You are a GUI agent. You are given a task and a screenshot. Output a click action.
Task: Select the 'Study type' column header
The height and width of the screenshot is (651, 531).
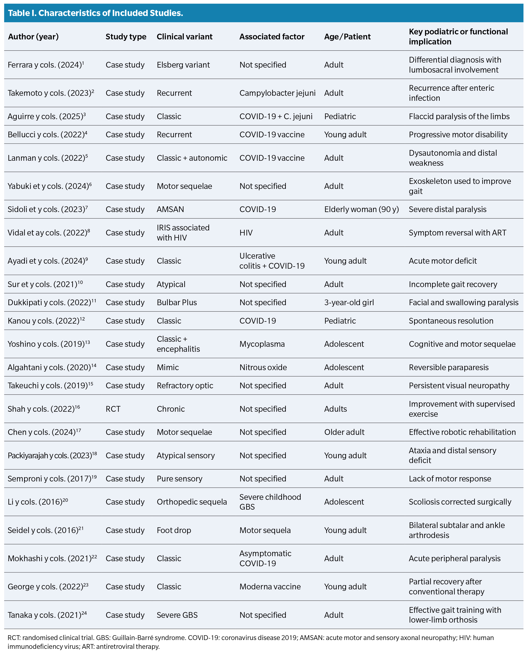(x=126, y=37)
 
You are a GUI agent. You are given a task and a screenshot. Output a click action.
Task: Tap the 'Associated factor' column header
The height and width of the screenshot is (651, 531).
(x=272, y=37)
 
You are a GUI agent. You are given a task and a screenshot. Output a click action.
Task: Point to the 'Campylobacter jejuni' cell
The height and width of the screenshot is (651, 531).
(x=277, y=93)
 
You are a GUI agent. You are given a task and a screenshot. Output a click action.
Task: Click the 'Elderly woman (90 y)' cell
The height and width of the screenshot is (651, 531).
(x=361, y=209)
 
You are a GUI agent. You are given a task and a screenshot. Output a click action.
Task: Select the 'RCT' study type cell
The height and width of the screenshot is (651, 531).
(x=113, y=409)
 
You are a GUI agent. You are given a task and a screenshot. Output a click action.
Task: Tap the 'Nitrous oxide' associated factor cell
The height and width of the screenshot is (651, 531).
(x=263, y=367)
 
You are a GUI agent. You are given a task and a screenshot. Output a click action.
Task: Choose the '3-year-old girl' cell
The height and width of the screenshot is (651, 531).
(x=349, y=303)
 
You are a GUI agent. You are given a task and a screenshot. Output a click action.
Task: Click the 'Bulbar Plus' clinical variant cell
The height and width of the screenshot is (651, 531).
(x=177, y=303)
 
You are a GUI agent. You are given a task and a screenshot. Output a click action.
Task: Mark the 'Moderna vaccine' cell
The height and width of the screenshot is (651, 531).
(x=270, y=587)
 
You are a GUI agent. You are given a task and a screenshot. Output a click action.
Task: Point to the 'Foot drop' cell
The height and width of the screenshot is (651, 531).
(x=174, y=530)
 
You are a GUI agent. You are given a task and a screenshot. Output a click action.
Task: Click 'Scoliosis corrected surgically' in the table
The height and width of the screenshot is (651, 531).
(x=460, y=502)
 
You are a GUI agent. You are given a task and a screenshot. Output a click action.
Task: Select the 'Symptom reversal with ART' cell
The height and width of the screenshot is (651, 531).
(x=457, y=233)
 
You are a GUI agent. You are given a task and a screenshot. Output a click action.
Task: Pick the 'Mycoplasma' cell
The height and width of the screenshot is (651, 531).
(x=262, y=344)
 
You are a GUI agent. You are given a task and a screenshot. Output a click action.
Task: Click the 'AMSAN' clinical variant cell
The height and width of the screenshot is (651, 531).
(x=170, y=209)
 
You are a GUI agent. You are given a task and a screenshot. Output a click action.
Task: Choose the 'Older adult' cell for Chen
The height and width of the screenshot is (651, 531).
(x=344, y=432)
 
